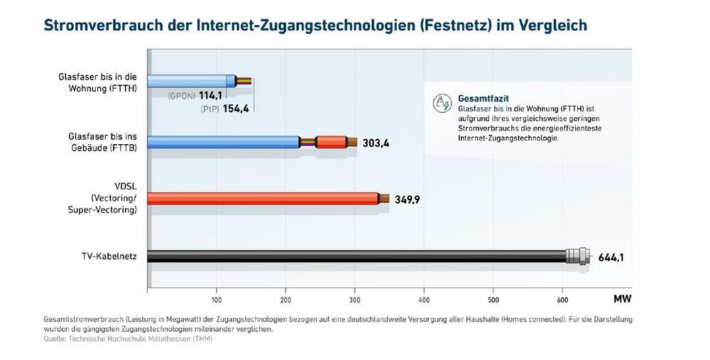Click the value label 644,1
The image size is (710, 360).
pos(610,258)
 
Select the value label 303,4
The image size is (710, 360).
pos(376,143)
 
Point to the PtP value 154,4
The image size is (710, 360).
pos(231,107)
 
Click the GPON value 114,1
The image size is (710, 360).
pos(210,95)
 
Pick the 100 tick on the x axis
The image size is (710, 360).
pos(217,299)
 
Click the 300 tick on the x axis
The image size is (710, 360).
pos(355,299)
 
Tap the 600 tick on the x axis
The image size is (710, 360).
pos(562,299)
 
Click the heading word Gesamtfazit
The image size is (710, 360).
pos(483,97)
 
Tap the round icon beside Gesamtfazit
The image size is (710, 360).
pos(442,103)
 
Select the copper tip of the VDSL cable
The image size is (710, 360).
pos(384,199)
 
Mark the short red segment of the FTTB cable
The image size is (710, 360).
pos(331,142)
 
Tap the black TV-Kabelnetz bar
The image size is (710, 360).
pos(355,256)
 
